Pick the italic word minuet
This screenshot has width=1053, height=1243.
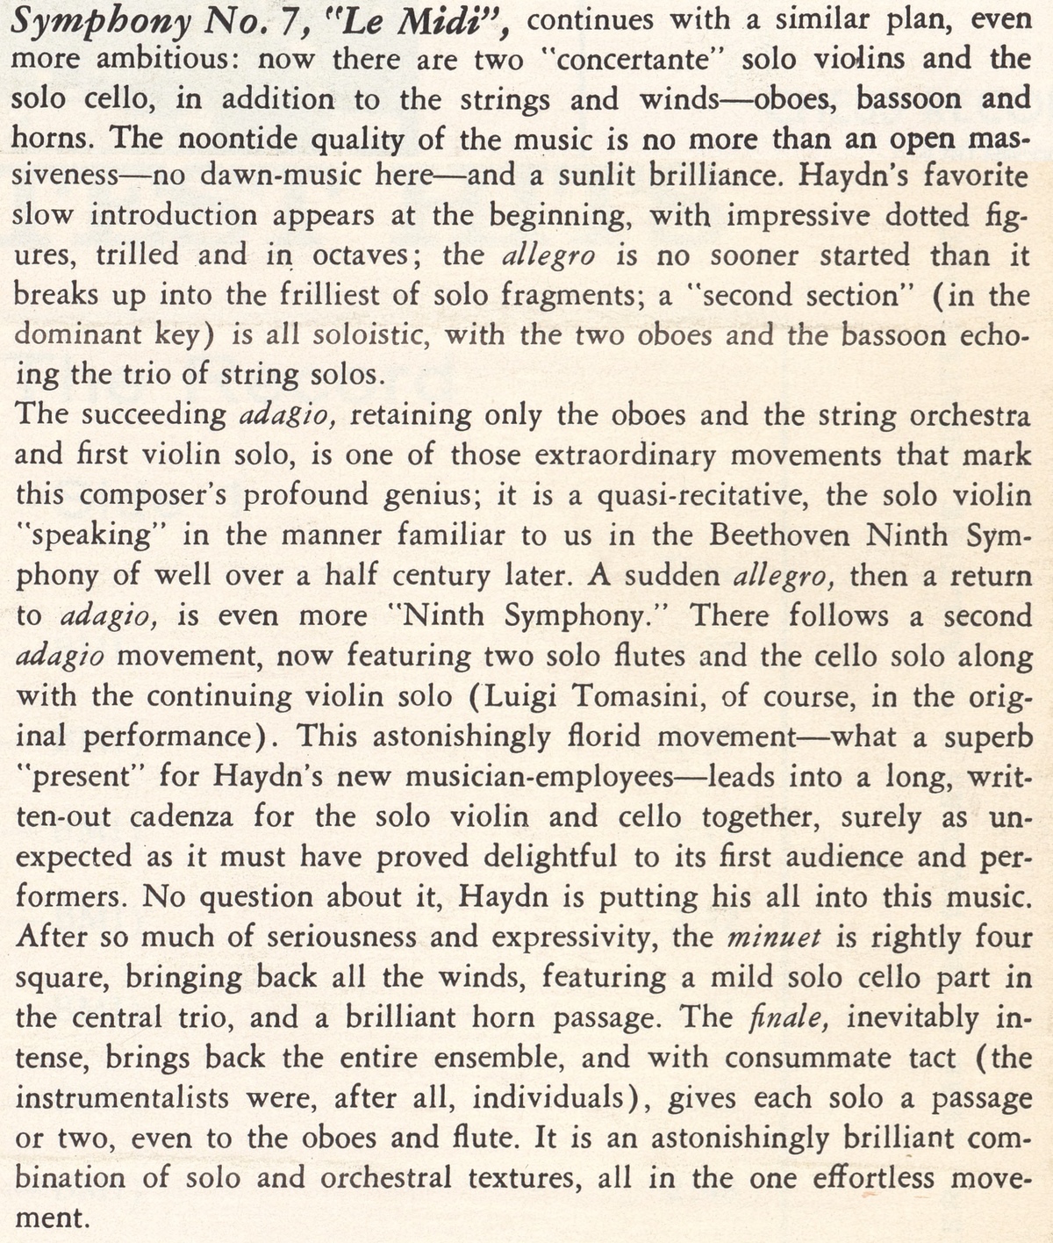pos(774,938)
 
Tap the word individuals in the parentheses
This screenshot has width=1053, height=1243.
pos(555,1098)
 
